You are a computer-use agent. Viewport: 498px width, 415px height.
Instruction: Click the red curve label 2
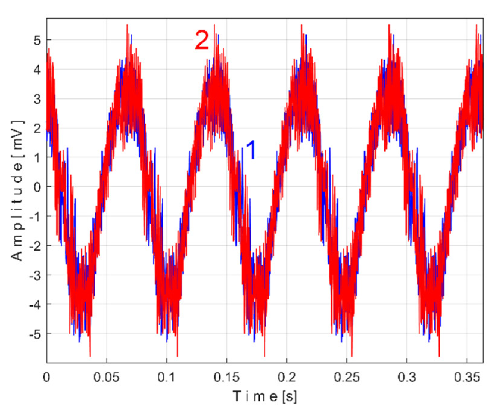pyautogui.click(x=201, y=40)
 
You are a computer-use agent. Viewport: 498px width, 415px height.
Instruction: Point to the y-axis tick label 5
pyautogui.click(x=37, y=40)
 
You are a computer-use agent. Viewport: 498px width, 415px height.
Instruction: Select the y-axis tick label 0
pyautogui.click(x=37, y=187)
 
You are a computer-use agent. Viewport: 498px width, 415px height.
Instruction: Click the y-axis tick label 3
pyautogui.click(x=37, y=99)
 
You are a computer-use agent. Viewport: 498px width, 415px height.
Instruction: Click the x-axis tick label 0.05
pyautogui.click(x=106, y=377)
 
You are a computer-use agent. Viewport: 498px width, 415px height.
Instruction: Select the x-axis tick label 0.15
pyautogui.click(x=226, y=377)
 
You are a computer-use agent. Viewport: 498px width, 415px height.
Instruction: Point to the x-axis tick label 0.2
pyautogui.click(x=287, y=377)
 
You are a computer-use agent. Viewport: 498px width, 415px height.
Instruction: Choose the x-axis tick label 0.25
pyautogui.click(x=347, y=377)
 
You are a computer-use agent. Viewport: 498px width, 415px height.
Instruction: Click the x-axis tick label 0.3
pyautogui.click(x=406, y=377)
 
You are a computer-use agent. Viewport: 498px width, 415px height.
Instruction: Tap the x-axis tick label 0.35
pyautogui.click(x=466, y=377)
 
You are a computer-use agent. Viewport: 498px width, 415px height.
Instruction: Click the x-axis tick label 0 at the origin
pyautogui.click(x=47, y=377)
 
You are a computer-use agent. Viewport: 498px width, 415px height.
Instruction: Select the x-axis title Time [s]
pyautogui.click(x=265, y=396)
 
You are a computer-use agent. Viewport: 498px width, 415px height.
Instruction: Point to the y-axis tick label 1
pyautogui.click(x=37, y=158)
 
